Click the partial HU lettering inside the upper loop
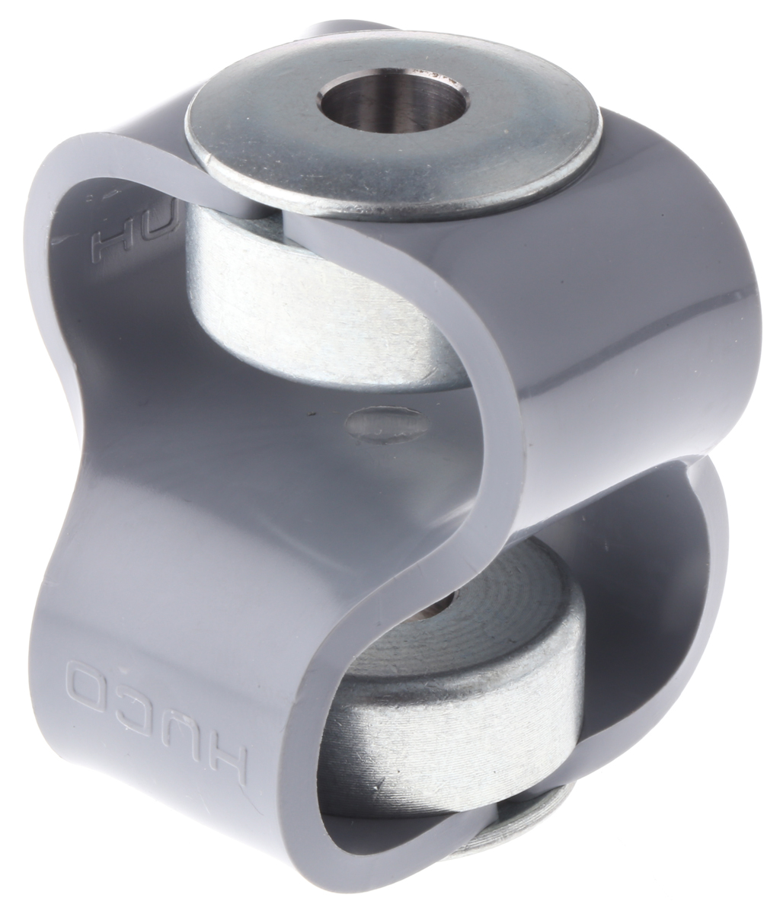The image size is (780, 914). (x=114, y=222)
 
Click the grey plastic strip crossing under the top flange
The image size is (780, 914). (x=251, y=213)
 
